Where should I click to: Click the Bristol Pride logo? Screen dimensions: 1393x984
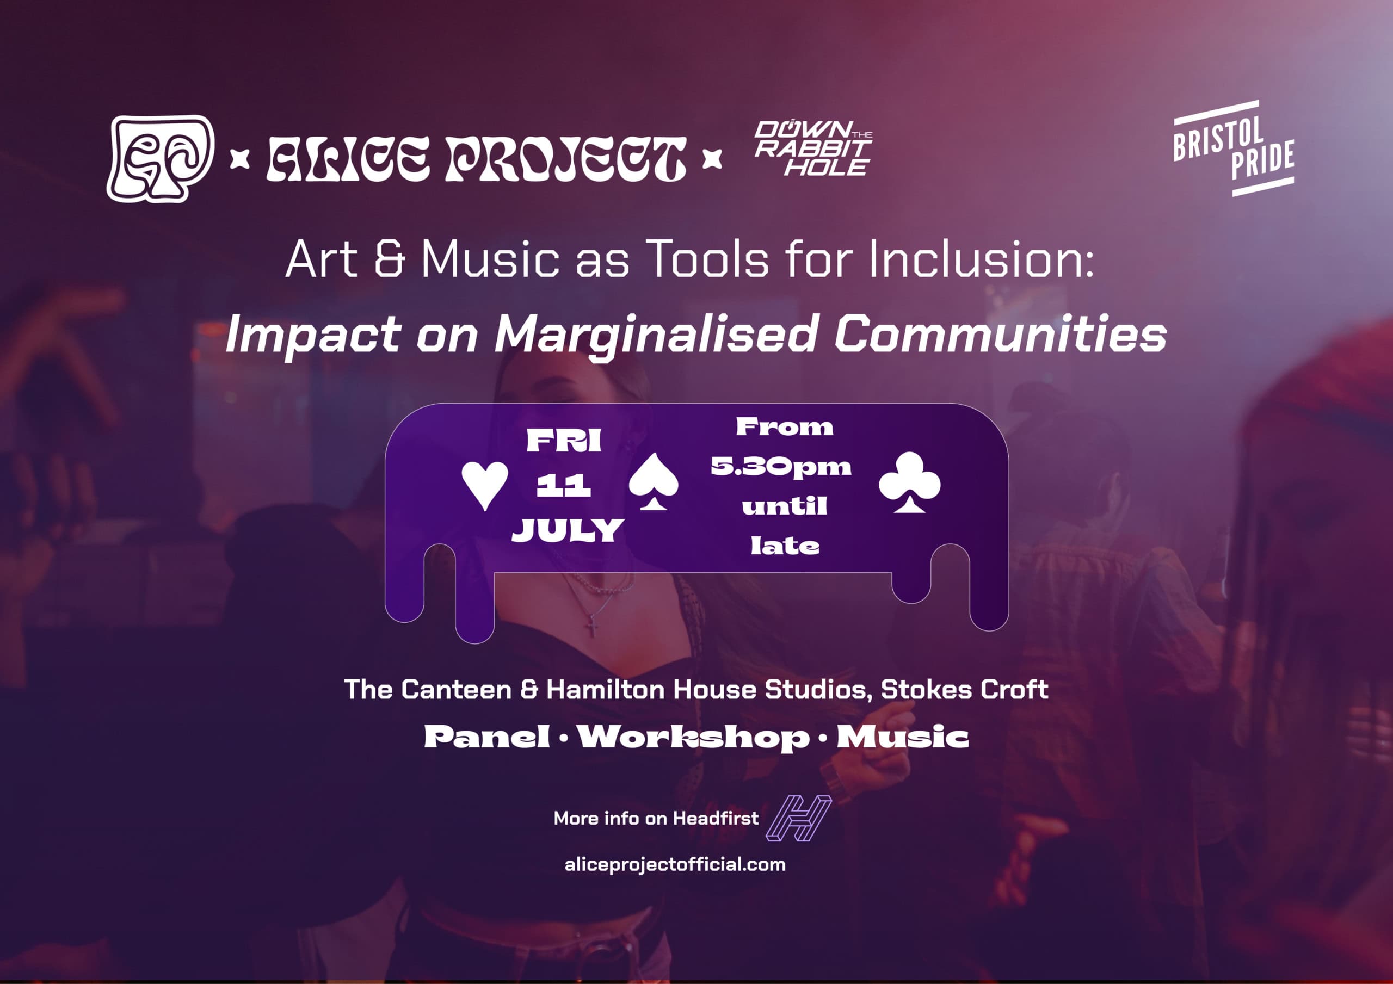[x=1234, y=148]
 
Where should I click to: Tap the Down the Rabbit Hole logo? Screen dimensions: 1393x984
[x=813, y=148]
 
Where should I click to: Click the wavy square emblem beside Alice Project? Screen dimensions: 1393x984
[x=160, y=158]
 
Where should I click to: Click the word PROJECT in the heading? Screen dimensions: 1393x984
[x=565, y=159]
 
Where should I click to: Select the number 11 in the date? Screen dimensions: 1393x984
[x=564, y=485]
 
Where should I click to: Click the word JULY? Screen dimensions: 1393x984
[x=568, y=530]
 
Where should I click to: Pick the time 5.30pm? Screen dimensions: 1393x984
[x=781, y=467]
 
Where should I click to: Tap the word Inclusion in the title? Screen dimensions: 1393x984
[x=981, y=259]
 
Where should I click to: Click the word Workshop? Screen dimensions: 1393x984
[x=693, y=738]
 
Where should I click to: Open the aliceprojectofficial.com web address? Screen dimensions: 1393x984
[x=675, y=864]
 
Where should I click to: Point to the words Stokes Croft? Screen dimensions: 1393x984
[x=964, y=689]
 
